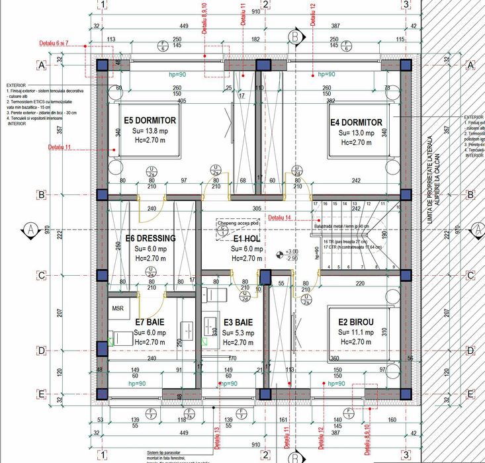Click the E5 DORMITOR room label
tap(150, 121)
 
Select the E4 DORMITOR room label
tap(356, 122)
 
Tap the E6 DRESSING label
tap(150, 238)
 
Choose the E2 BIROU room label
tap(355, 322)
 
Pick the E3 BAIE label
tap(238, 322)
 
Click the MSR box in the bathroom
tap(118, 308)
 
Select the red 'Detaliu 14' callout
tap(279, 217)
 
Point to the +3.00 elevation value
tap(292, 251)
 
